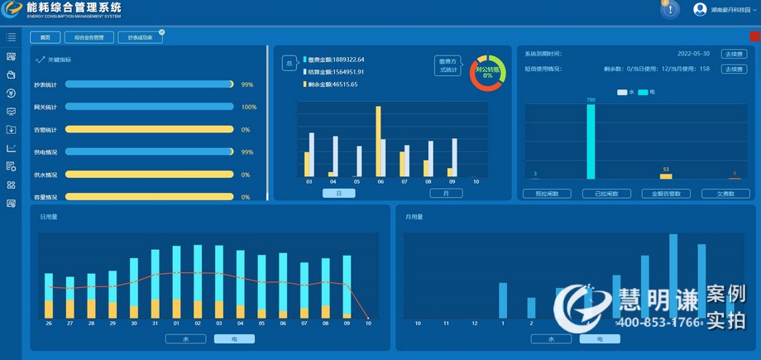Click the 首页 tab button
click(45, 37)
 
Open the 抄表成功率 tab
click(140, 37)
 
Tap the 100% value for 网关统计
click(248, 107)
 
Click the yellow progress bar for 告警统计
click(150, 129)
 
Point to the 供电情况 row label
click(45, 152)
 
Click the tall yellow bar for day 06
click(378, 141)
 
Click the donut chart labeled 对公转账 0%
click(487, 73)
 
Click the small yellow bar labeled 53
click(666, 175)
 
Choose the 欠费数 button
click(725, 194)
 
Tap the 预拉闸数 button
click(547, 194)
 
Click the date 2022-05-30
click(693, 53)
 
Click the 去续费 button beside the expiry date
click(733, 53)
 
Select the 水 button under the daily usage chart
click(184, 338)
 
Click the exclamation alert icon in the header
click(670, 9)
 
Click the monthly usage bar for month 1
click(503, 299)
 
